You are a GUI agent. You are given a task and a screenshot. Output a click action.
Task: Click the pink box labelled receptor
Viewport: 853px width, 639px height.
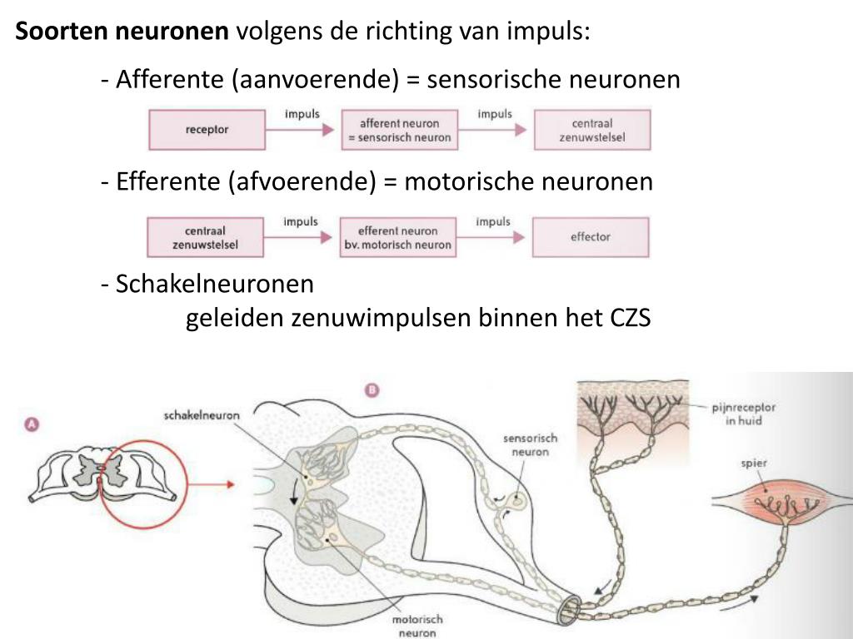click(207, 129)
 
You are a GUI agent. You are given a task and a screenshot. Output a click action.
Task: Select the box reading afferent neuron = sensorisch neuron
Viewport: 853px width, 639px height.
click(399, 129)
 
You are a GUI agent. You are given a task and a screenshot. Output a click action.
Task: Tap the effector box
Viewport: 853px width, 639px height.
click(590, 236)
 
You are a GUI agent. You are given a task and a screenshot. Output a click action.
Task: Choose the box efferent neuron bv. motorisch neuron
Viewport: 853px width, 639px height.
click(398, 237)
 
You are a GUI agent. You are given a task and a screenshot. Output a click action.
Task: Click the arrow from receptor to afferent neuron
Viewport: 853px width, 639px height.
click(302, 129)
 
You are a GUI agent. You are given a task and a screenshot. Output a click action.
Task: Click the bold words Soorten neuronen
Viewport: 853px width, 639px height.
click(122, 32)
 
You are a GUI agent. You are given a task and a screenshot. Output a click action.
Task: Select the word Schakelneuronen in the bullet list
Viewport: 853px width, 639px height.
click(215, 284)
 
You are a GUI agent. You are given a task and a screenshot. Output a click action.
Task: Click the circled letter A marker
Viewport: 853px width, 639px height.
click(32, 424)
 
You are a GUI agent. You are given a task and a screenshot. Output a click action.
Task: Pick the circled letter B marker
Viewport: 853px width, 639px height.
click(372, 389)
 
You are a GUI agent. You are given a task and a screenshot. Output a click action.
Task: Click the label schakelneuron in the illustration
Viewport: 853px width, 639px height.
click(202, 415)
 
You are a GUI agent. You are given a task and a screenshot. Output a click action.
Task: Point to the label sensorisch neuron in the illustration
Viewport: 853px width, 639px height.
click(530, 445)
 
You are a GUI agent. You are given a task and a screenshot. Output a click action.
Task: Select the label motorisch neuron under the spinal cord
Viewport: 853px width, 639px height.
click(417, 626)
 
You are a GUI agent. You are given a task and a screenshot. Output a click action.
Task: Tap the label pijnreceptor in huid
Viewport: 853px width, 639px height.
click(743, 414)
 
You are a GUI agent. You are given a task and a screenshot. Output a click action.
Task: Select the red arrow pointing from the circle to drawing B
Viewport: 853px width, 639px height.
click(208, 483)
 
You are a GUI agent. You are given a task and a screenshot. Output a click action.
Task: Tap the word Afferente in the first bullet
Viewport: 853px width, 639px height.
click(171, 80)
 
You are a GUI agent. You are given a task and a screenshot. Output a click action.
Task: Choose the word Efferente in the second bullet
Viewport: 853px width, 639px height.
click(169, 181)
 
